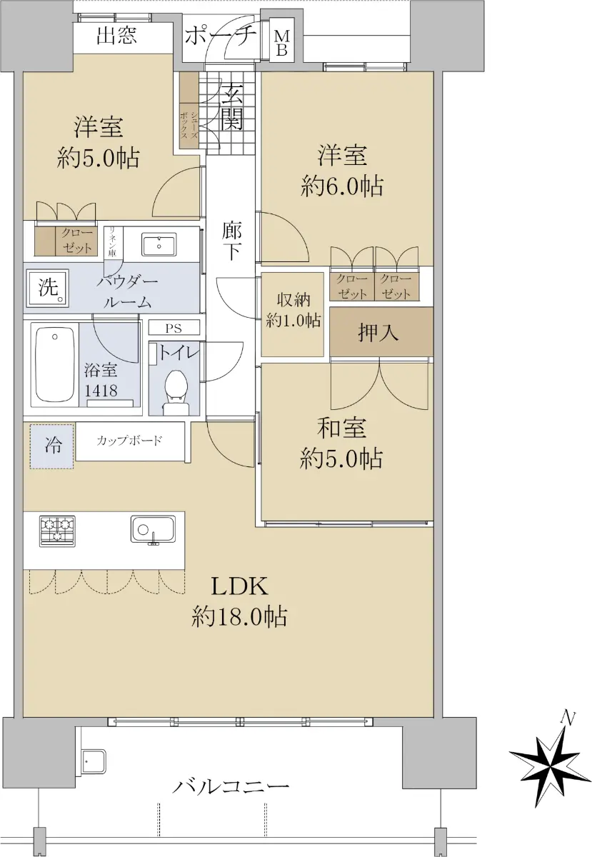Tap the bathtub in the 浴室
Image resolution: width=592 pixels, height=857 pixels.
coord(55,361)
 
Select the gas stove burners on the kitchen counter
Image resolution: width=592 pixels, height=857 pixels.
coord(57,531)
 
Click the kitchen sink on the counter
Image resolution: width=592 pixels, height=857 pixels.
coord(153,528)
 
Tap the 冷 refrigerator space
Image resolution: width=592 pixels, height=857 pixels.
coord(52,446)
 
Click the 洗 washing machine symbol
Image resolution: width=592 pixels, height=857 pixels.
coord(48,288)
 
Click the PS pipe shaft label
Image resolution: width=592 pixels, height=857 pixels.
coord(174,329)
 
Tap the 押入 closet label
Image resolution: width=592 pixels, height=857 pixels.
coord(378,332)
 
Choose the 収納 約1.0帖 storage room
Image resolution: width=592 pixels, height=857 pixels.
coord(293,314)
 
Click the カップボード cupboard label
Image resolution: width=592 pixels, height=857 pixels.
coord(129,441)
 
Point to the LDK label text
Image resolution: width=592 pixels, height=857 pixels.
coord(239,586)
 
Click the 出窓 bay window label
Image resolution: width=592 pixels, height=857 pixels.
coord(116,36)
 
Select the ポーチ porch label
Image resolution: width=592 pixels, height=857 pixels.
coord(221,36)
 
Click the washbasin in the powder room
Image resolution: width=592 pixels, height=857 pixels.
coord(159,244)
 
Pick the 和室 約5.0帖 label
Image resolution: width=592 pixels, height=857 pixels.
coord(341,443)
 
